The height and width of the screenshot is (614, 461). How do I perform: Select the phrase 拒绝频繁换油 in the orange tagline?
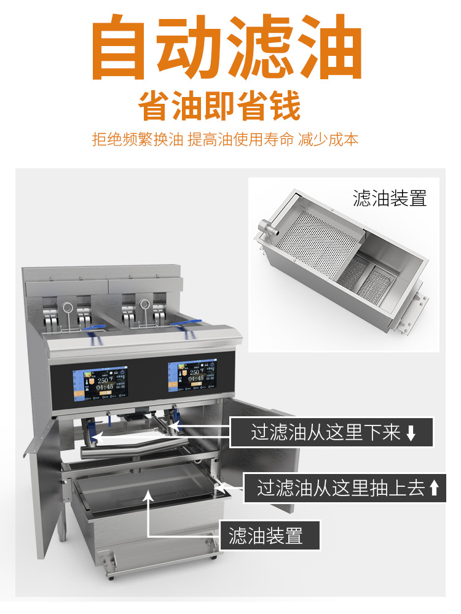[x=137, y=139]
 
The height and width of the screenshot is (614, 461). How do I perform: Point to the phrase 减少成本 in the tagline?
[x=328, y=139]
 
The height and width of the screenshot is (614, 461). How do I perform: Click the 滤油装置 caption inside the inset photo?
[x=389, y=198]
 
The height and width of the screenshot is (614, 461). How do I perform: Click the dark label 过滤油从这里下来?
[x=332, y=432]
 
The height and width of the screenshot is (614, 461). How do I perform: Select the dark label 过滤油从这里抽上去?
[x=344, y=488]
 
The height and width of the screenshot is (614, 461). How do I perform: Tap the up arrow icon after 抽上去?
[x=434, y=489]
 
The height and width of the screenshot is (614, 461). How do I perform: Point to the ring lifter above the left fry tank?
[x=68, y=306]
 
